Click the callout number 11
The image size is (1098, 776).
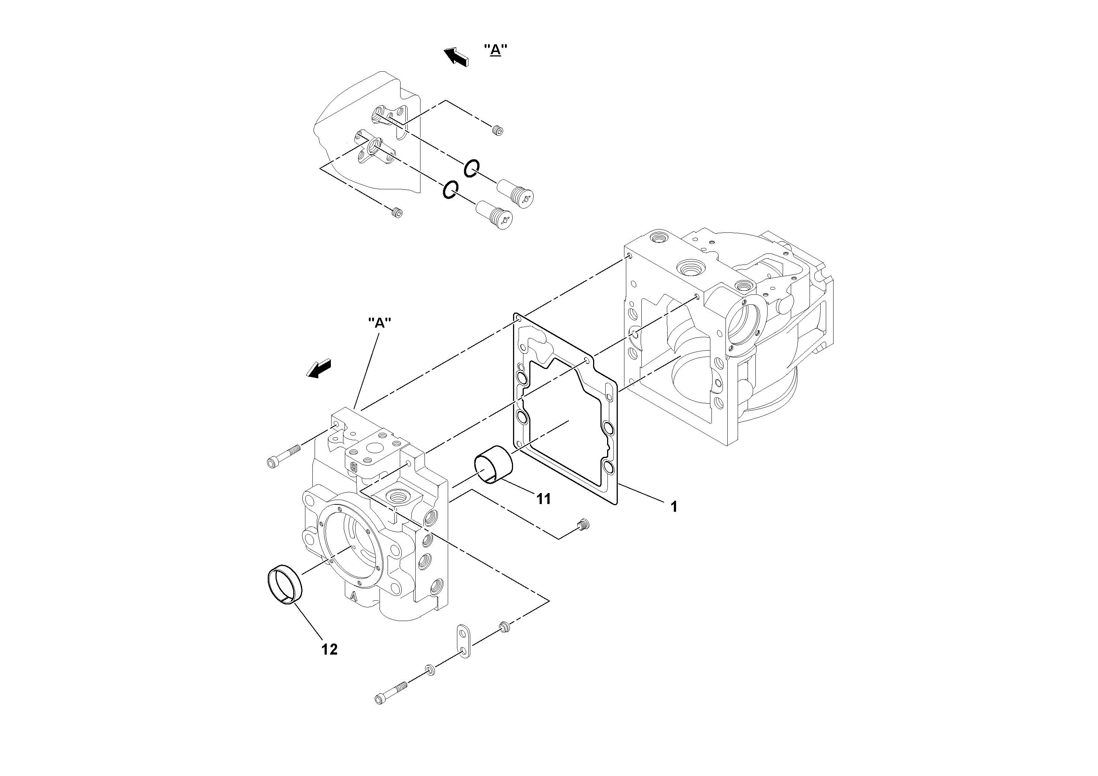coord(543,499)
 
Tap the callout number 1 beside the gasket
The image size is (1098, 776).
coord(674,507)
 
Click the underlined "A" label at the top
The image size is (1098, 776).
coord(495,50)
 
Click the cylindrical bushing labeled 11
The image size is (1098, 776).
coord(493,465)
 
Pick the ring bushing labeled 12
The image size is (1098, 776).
coord(284,587)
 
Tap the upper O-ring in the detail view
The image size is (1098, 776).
coord(471,168)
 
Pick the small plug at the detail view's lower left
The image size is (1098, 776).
coord(396,212)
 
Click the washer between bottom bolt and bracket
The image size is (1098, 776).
coord(429,670)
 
